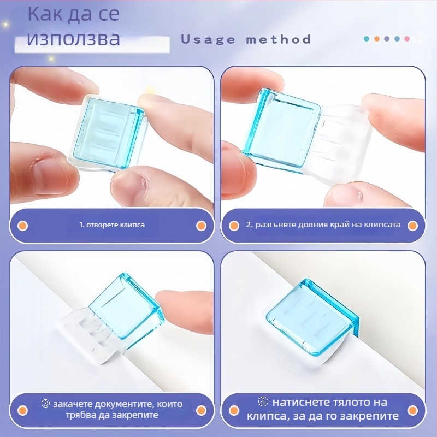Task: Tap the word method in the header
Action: tap(279, 39)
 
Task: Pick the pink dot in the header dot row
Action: tap(406, 39)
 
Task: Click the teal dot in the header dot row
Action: tap(367, 39)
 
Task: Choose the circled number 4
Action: tap(264, 403)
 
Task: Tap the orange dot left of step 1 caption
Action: tap(23, 225)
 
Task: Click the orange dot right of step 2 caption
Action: tap(414, 225)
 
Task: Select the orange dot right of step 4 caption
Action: tap(414, 409)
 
